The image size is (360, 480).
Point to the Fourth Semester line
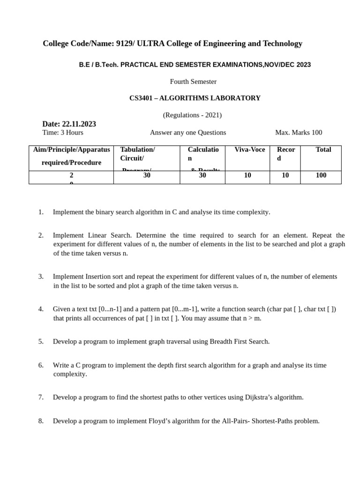[x=193, y=82]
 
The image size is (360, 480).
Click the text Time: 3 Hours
[x=63, y=133]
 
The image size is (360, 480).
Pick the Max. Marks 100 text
[x=298, y=133]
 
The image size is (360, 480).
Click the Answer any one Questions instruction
[x=187, y=133]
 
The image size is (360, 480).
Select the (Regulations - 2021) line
[x=192, y=115]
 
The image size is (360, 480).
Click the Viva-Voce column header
[x=249, y=150]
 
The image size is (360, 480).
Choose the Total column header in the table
[x=323, y=150]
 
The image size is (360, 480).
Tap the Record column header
[x=286, y=153]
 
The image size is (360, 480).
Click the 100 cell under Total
[x=321, y=175]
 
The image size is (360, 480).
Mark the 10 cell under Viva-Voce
[x=247, y=175]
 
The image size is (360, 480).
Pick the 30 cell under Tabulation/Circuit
[x=147, y=175]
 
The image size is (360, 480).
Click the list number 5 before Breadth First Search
[x=41, y=341]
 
